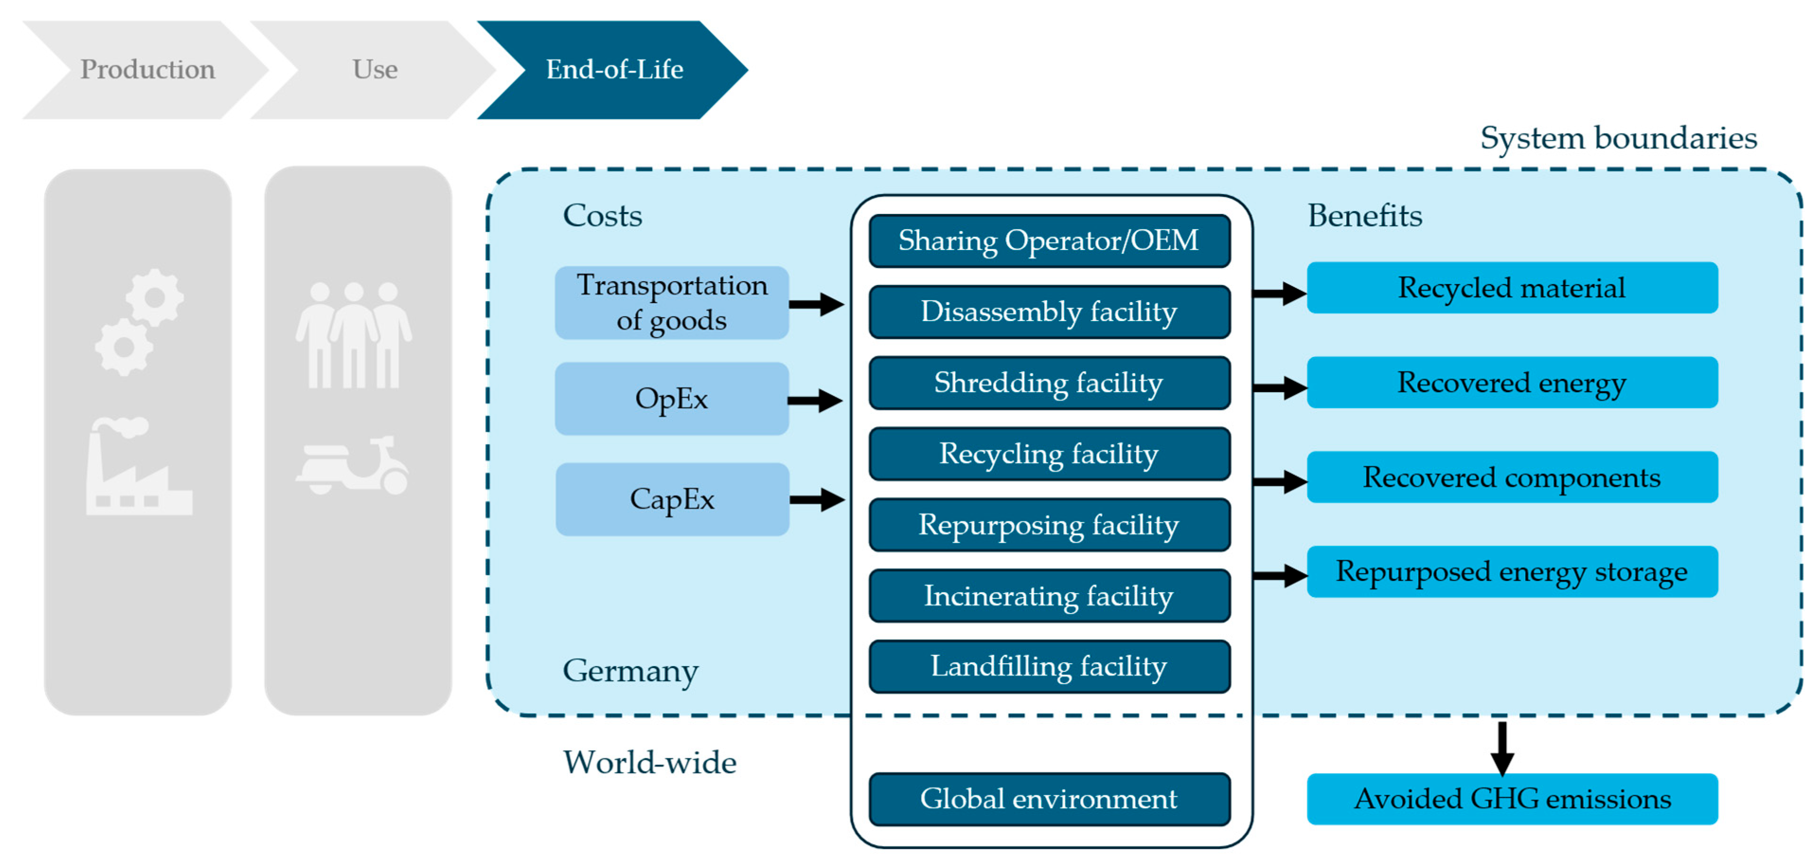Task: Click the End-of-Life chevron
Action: pos(613,69)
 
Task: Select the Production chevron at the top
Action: pos(147,69)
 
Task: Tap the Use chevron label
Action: pos(375,69)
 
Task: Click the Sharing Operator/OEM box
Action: pos(1048,241)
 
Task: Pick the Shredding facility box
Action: pos(1048,383)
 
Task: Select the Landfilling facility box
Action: pos(1048,666)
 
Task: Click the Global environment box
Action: pos(1048,799)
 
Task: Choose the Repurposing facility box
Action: pos(1048,525)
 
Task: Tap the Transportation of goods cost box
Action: pos(672,303)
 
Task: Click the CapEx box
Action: pos(672,499)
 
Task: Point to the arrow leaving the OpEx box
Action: pos(815,401)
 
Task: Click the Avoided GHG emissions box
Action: pos(1511,799)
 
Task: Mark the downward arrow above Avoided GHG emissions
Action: pos(1502,749)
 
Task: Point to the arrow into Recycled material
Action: pos(1279,293)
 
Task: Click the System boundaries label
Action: pos(1618,138)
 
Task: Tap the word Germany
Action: pos(630,670)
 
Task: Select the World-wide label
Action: pos(649,762)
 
